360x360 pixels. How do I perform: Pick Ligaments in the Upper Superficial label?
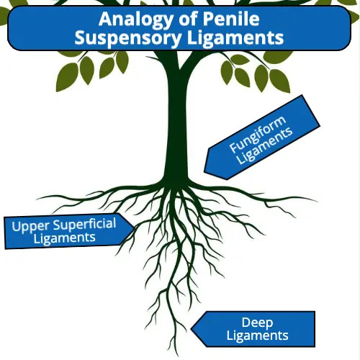coord(64,238)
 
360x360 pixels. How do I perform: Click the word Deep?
coord(257,322)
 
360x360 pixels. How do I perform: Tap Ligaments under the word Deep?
coord(257,336)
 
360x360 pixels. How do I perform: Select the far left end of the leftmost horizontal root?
coord(37,197)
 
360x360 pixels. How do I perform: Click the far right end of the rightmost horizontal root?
coord(315,199)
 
